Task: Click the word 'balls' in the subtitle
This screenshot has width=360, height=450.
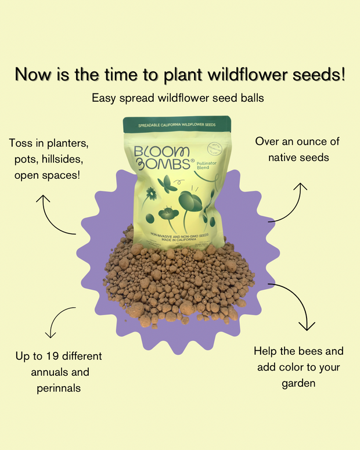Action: click(x=250, y=98)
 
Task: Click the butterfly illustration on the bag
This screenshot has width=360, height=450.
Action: click(x=167, y=183)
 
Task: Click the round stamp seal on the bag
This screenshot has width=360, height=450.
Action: click(x=215, y=147)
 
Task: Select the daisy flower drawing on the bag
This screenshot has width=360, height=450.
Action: click(x=151, y=194)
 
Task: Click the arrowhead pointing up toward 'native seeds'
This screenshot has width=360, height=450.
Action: click(x=300, y=187)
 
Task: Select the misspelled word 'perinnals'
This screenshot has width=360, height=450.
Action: click(x=56, y=387)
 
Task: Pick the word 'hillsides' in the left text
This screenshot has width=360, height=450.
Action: click(x=69, y=159)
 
